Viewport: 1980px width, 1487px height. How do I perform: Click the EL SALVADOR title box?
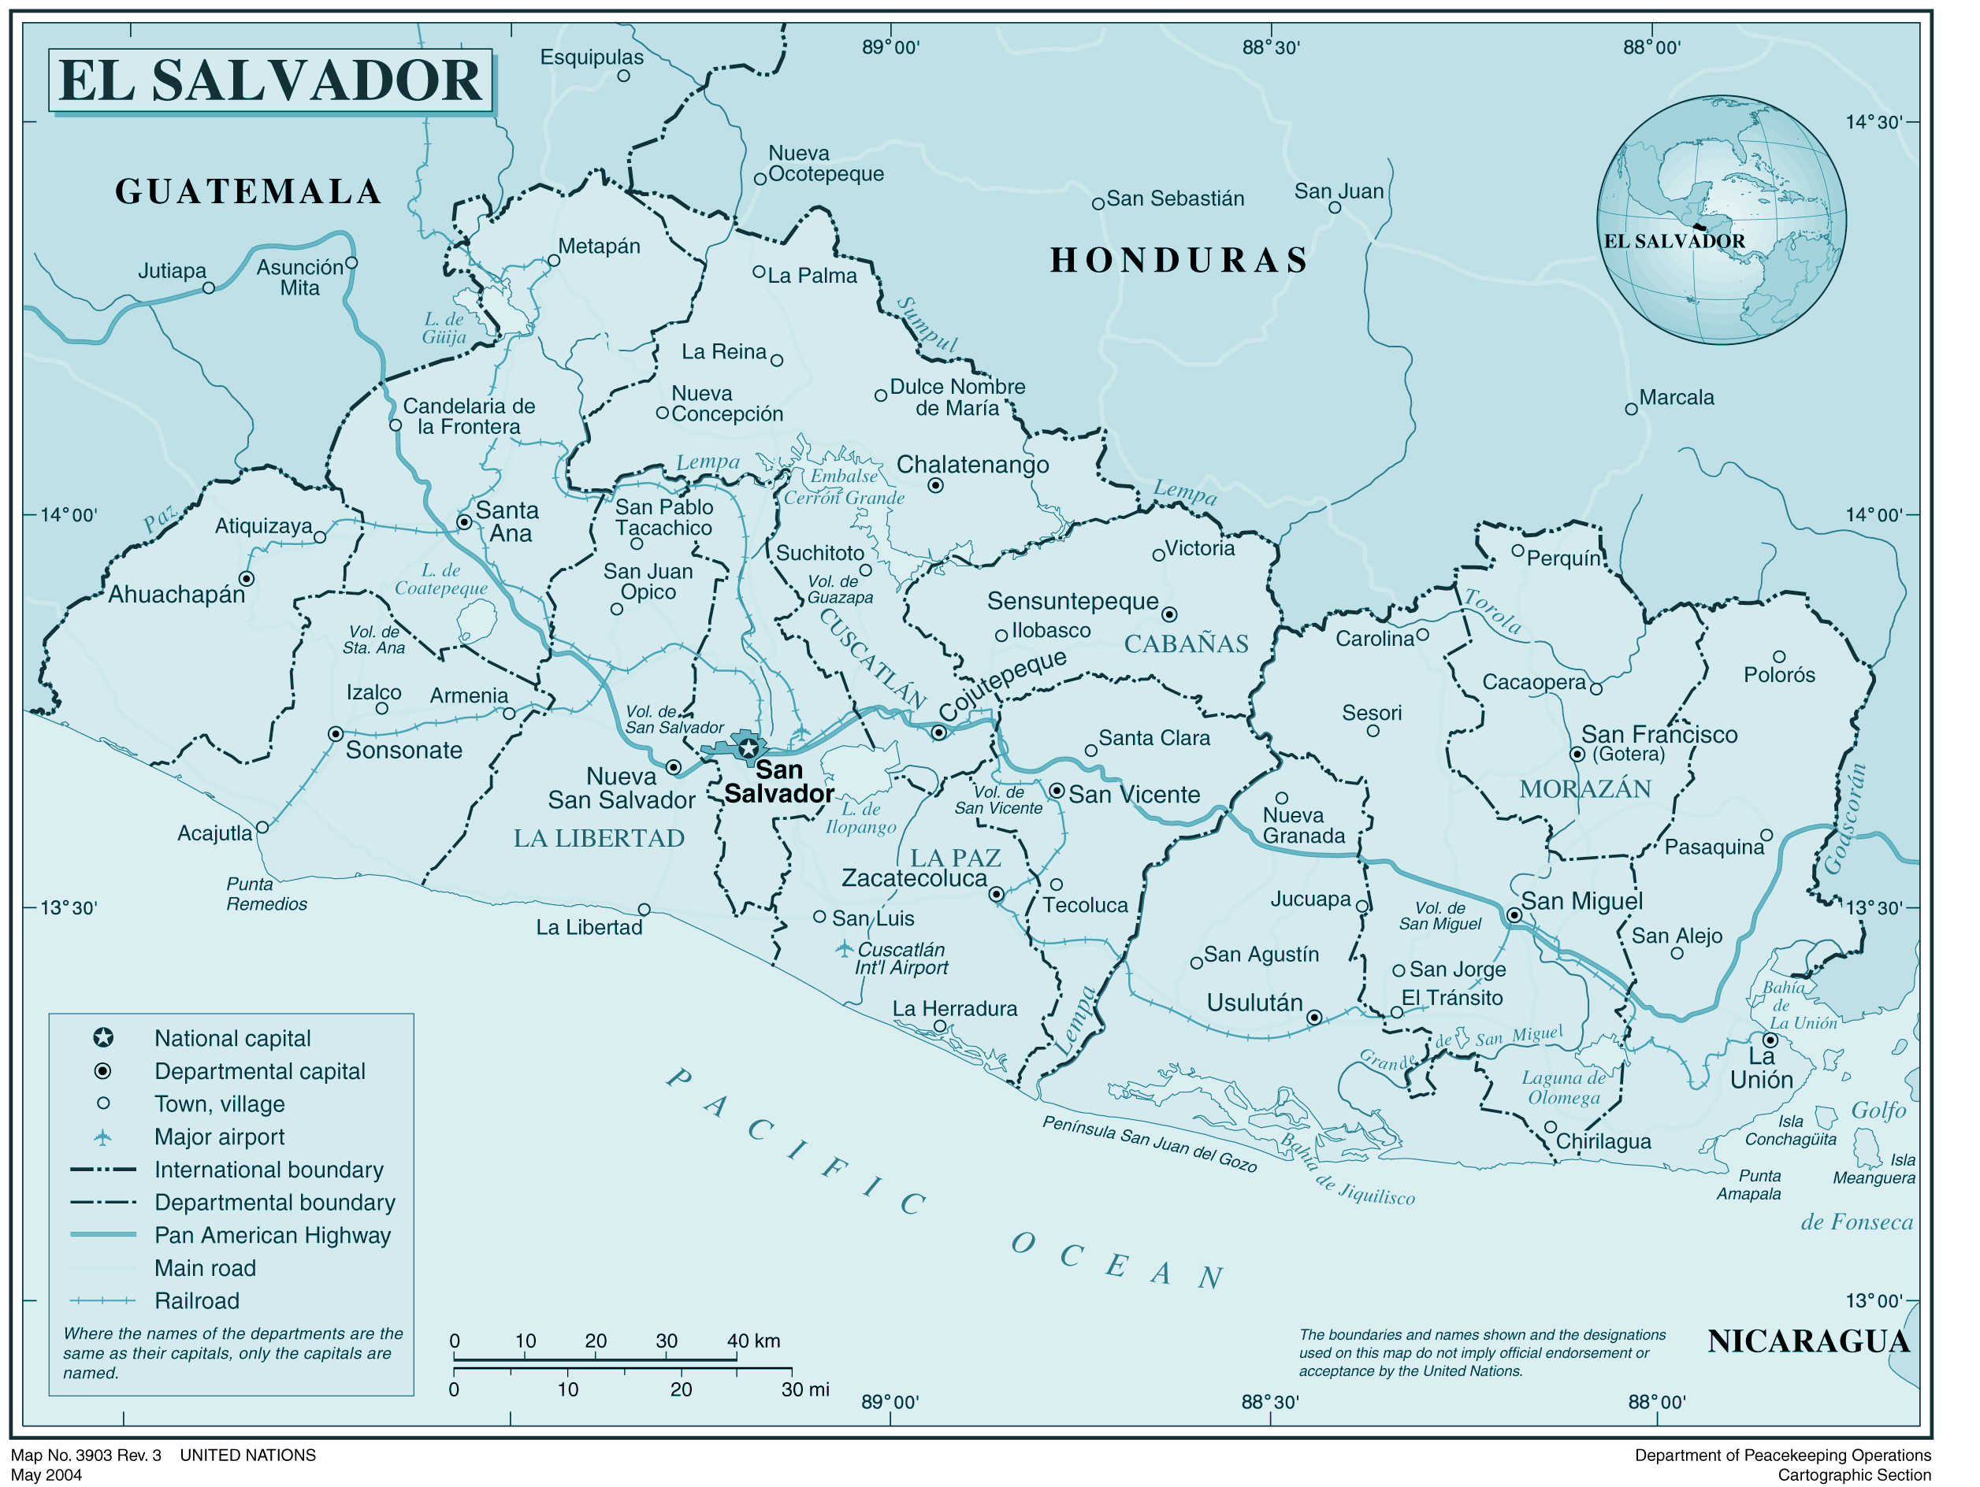[x=270, y=80]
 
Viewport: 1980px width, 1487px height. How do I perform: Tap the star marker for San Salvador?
[x=749, y=748]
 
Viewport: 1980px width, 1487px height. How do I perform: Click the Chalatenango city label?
[x=972, y=465]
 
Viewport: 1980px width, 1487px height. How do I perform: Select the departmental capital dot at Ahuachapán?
[x=246, y=579]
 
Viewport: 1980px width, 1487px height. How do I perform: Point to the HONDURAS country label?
[x=1179, y=261]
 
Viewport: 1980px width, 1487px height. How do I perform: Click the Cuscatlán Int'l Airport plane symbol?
[x=843, y=948]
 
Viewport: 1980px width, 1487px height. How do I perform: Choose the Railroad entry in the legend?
[x=197, y=1301]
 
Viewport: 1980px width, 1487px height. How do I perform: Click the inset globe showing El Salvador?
[x=1721, y=220]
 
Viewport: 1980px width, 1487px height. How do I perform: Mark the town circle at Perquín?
[x=1518, y=551]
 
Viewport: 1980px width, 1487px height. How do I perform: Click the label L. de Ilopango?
[x=860, y=818]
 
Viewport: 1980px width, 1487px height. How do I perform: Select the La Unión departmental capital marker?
[x=1770, y=1040]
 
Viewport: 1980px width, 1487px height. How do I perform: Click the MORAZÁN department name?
[x=1584, y=789]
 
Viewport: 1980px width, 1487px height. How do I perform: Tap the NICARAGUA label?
[x=1808, y=1342]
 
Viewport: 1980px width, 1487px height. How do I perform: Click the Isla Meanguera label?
[x=1874, y=1170]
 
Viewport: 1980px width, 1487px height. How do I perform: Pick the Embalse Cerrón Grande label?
[x=844, y=488]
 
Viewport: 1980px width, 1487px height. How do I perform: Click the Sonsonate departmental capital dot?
[x=336, y=734]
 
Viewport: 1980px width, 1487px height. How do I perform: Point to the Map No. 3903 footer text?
[x=86, y=1455]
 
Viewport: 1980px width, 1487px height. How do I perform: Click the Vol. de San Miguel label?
[x=1439, y=916]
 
